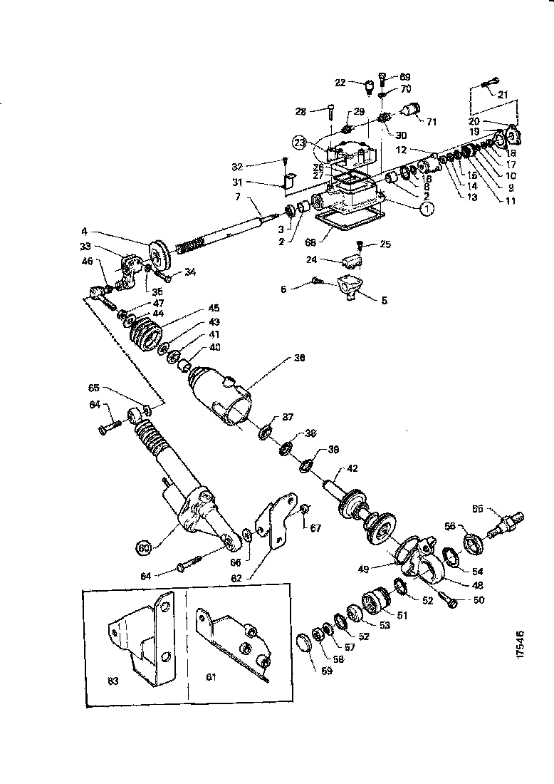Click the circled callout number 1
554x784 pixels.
click(x=426, y=208)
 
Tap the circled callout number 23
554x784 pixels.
click(x=301, y=142)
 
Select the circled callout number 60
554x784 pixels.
click(x=145, y=547)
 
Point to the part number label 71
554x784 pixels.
click(x=431, y=121)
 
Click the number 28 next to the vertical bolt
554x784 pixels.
click(x=300, y=111)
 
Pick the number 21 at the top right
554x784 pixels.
click(x=503, y=94)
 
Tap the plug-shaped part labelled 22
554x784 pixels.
click(x=369, y=91)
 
